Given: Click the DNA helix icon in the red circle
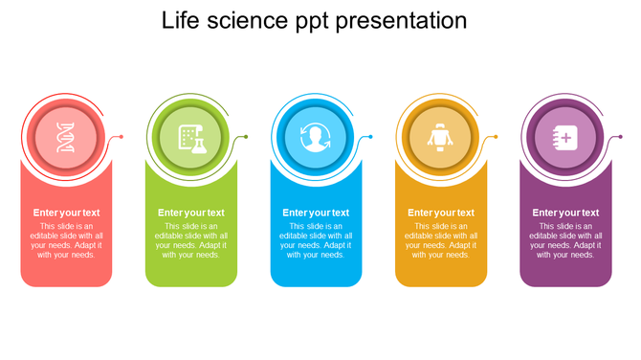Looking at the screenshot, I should pos(65,138).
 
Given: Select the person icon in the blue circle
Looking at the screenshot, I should pos(315,138).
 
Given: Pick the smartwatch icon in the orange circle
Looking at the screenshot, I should pos(440,138).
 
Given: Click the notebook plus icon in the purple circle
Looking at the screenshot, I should pos(565,138).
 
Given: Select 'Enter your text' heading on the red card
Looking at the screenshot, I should pos(66,213).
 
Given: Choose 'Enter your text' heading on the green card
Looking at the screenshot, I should pos(191,213).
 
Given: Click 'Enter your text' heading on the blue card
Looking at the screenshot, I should pos(316,213).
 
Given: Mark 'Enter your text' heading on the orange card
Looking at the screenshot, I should pos(441,213).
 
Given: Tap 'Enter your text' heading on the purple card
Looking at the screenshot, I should pos(565,213).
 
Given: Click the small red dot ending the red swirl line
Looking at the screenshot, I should pos(122,137).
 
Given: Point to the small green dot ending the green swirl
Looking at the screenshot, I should pos(246,137).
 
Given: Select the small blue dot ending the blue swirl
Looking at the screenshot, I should pos(371,137).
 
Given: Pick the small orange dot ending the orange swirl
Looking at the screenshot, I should pos(496,137).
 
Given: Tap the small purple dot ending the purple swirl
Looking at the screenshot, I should pos(620,137).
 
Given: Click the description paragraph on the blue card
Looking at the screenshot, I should pos(316,240).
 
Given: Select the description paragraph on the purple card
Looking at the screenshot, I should pos(565,240).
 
